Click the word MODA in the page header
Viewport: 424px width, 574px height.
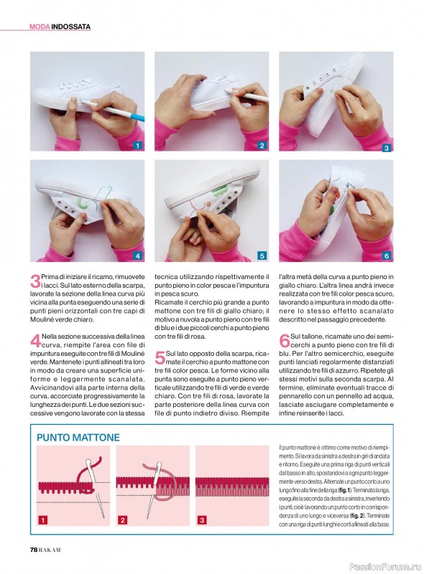pos(40,27)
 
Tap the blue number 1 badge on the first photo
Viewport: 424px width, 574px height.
pos(137,146)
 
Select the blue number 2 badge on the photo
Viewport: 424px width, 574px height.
pos(262,146)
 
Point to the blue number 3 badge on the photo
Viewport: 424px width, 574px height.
pos(386,148)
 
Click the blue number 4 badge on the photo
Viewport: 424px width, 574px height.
pos(137,255)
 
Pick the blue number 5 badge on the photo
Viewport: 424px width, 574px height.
pos(262,255)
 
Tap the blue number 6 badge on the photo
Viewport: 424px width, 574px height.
pos(386,255)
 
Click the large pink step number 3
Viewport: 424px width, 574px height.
pos(35,281)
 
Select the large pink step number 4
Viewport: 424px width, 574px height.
pos(35,340)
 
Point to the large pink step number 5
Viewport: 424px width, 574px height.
pos(160,357)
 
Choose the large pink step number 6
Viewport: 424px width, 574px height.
pos(285,340)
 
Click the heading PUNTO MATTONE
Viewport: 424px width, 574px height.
pos(78,438)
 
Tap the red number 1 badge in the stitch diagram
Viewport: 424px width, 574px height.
pos(43,519)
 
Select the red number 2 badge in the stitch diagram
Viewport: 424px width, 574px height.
pos(122,519)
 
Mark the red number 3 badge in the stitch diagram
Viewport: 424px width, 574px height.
pos(202,519)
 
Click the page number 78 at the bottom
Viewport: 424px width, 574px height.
pos(33,550)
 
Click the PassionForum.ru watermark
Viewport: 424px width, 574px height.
pos(385,567)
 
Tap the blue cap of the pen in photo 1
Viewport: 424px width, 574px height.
pos(136,116)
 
